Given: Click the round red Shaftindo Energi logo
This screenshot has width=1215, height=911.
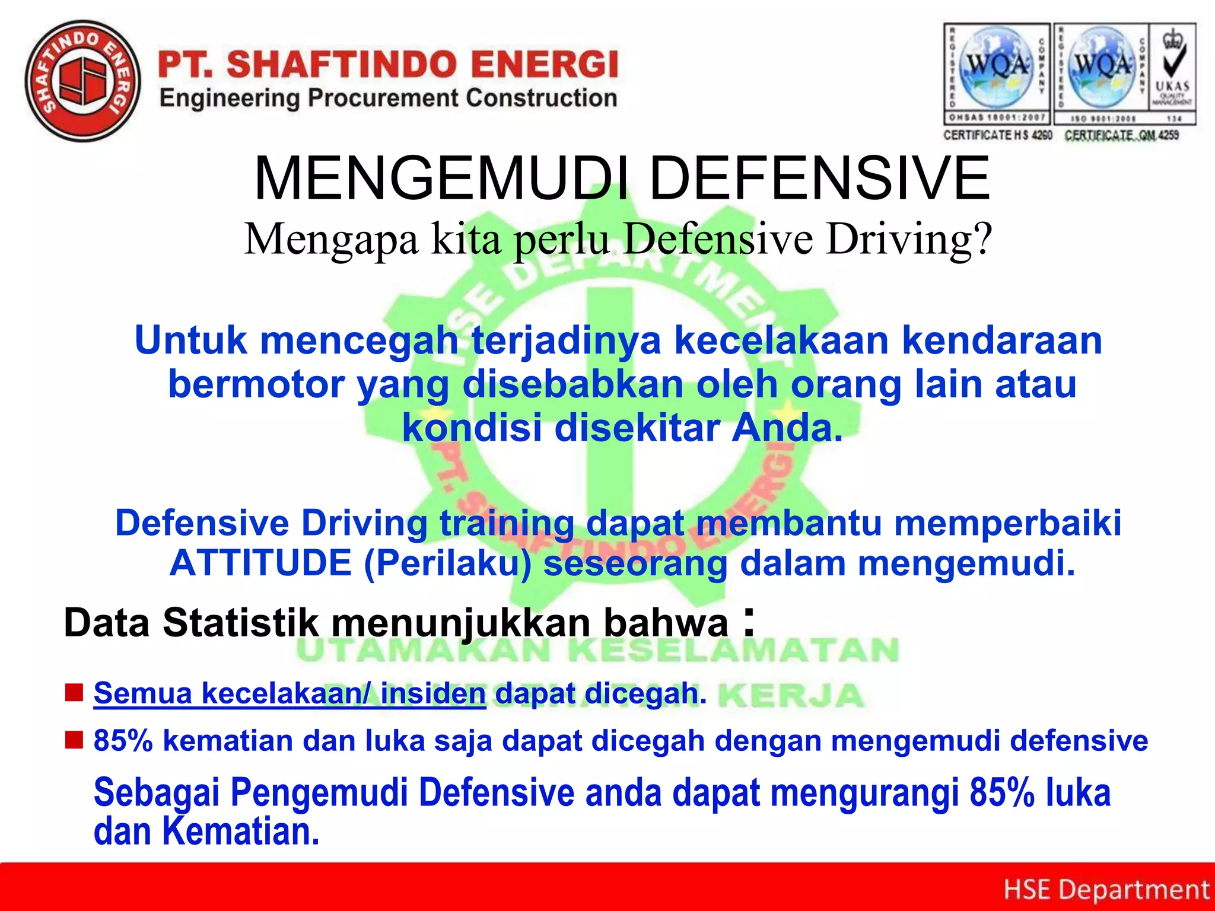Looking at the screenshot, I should coord(83,81).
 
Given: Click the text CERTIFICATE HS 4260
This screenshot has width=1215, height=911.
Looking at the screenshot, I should coord(997,135).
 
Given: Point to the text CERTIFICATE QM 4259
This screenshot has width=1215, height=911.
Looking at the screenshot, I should coord(1121,135).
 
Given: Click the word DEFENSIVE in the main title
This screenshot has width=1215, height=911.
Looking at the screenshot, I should coord(819,179).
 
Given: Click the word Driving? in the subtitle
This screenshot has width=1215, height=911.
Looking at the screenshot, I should coord(909,240).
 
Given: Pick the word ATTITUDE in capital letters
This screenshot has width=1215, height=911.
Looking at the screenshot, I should coord(261,563).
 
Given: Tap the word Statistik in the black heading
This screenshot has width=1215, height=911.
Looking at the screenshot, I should coord(241,623).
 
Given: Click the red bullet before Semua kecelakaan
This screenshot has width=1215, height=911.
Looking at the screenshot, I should coord(74,692).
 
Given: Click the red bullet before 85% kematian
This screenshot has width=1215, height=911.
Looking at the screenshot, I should coord(74,740).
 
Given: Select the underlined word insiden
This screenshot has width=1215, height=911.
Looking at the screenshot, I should coord(432,693).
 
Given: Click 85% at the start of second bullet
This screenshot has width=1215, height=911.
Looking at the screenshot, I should coord(123,741).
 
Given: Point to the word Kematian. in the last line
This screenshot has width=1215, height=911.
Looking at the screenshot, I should coord(241,832).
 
